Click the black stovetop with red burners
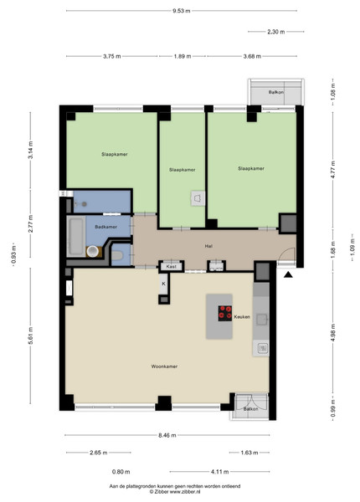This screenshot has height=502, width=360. [x=225, y=314]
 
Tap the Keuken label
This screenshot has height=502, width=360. [x=242, y=317]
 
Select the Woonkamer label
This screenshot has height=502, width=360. [x=164, y=366]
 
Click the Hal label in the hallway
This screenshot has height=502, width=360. [x=208, y=246]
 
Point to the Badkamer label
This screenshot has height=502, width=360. [x=106, y=227]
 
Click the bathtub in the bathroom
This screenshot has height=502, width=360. [x=76, y=237]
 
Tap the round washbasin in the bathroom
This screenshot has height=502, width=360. [x=93, y=251]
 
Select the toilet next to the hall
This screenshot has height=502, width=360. [x=117, y=256]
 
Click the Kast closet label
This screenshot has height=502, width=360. [x=172, y=266]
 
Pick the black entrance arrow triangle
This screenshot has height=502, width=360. [x=288, y=274]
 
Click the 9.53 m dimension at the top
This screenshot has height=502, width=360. [x=182, y=11]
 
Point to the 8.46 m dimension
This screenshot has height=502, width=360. [x=167, y=435]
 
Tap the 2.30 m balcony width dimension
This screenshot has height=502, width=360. [x=276, y=32]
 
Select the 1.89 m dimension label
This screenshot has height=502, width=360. [x=183, y=56]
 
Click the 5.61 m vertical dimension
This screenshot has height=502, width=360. [x=31, y=336]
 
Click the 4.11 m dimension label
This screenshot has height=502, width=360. [x=220, y=472]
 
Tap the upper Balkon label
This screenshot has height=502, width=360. [x=276, y=92]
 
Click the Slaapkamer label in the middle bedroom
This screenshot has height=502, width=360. [x=183, y=170]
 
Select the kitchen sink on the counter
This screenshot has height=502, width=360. [x=261, y=320]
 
